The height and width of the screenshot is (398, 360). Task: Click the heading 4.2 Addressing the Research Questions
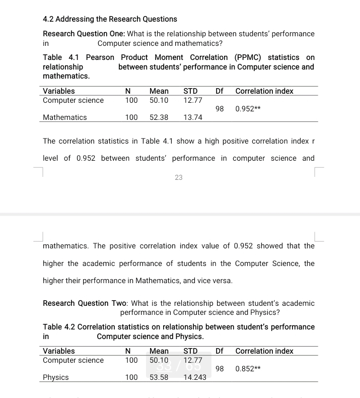(110, 19)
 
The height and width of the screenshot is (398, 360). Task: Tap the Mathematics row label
(64, 117)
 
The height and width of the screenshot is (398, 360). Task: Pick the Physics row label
(55, 377)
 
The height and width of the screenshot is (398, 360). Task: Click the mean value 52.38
(159, 117)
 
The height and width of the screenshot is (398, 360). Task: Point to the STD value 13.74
(193, 117)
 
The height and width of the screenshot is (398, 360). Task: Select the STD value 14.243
(195, 377)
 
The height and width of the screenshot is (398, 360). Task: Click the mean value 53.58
(159, 377)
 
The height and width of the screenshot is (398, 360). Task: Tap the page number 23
(179, 177)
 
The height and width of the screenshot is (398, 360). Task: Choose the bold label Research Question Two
(86, 303)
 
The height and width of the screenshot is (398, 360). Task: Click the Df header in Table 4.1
(220, 91)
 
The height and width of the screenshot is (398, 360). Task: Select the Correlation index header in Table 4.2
(264, 351)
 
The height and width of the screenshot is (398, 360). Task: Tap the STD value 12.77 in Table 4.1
(193, 100)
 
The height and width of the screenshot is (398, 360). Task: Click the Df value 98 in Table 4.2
(220, 369)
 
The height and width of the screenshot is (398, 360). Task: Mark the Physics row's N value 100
(131, 377)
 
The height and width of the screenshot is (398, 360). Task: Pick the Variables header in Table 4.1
(59, 91)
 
